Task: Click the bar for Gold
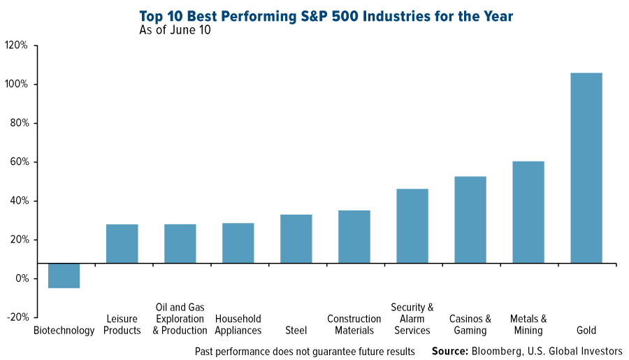pos(586,168)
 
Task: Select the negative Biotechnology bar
pos(64,275)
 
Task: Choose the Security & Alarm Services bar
pos(412,226)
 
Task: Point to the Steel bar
pos(296,238)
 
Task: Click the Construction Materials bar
pos(354,236)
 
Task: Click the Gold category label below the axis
pos(586,331)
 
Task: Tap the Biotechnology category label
pos(64,331)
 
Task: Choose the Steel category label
pos(296,331)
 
